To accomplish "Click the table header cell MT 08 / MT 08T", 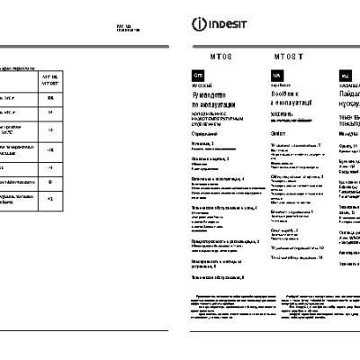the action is coord(51,80).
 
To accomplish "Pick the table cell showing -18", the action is coord(51,149).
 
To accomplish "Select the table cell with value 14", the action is coord(51,113).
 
